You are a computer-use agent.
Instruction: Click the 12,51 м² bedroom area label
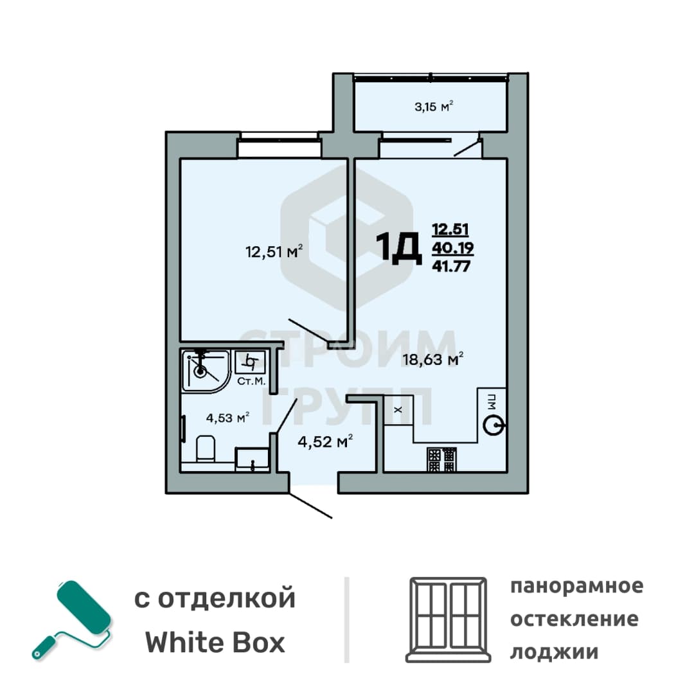point(274,251)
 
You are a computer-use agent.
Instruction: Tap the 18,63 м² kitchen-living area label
point(433,359)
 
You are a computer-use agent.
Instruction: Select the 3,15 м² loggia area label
point(434,106)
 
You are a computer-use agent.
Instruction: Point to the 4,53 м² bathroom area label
point(227,418)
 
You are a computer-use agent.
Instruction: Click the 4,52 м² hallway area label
point(325,441)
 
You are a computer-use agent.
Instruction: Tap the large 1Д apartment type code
point(398,248)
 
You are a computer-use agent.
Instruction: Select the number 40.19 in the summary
point(453,248)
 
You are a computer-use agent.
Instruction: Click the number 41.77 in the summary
point(451,266)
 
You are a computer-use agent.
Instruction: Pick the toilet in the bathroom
point(206,448)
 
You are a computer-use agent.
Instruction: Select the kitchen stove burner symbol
point(441,459)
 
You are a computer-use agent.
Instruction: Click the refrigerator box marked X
point(398,410)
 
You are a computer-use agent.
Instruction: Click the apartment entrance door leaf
point(310,505)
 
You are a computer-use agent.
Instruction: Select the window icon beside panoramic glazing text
point(448,619)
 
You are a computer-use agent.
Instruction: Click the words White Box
point(215,643)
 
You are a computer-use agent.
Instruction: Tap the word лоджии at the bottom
point(554,652)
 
